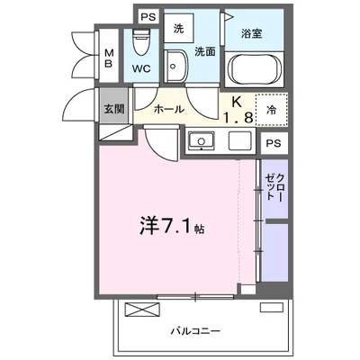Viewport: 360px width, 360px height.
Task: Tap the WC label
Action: (141, 68)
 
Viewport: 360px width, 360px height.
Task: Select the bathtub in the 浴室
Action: (255, 69)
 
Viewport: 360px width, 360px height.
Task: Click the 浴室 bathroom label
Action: (252, 33)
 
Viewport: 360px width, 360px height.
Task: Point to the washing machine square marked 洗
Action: (179, 29)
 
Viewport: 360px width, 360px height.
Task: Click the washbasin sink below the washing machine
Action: (175, 66)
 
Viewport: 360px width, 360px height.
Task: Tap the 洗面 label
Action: (205, 51)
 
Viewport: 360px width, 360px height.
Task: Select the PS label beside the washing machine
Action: (148, 17)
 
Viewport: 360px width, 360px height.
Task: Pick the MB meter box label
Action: (109, 58)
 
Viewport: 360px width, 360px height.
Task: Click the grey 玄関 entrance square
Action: (114, 105)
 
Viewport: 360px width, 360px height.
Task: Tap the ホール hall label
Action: (169, 110)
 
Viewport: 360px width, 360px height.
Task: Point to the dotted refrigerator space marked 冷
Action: (272, 110)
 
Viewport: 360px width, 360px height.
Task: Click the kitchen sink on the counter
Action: (201, 140)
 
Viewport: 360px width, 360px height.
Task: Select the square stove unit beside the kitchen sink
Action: (240, 140)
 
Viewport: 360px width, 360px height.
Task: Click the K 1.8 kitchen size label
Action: (238, 110)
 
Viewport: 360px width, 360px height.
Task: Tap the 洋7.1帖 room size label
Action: (172, 227)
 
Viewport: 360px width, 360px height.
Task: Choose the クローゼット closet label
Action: (274, 187)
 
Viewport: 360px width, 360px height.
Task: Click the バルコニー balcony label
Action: (195, 331)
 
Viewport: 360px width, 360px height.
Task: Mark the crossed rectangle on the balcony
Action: (142, 310)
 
